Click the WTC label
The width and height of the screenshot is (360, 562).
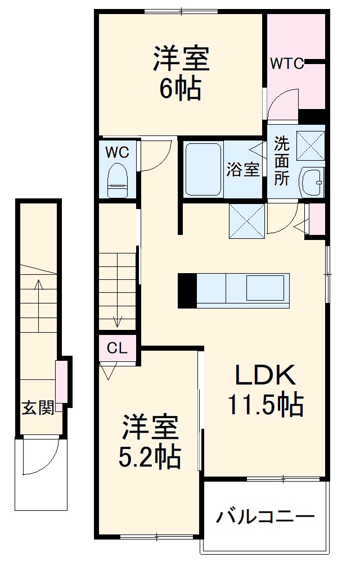pyautogui.click(x=286, y=64)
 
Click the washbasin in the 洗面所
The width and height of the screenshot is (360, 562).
pyautogui.click(x=310, y=182)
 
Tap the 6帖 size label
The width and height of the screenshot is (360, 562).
pyautogui.click(x=180, y=89)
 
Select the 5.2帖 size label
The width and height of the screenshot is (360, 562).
pyautogui.click(x=150, y=457)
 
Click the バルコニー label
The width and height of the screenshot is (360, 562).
pyautogui.click(x=263, y=516)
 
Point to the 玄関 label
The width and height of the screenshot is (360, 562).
pyautogui.click(x=38, y=408)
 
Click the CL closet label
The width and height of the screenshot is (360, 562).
pyautogui.click(x=117, y=348)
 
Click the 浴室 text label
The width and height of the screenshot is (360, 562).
pyautogui.click(x=243, y=169)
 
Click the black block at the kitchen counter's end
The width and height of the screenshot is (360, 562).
pyautogui.click(x=187, y=291)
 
